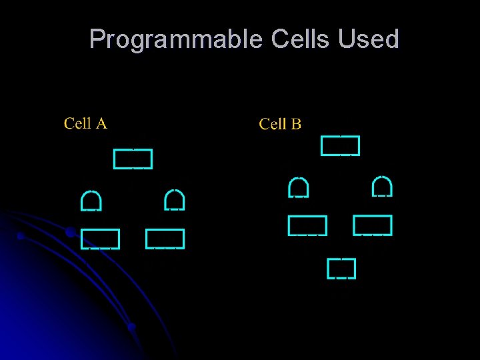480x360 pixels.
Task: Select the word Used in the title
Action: (x=369, y=39)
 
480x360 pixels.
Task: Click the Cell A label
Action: (x=85, y=123)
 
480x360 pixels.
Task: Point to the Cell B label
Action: (x=280, y=124)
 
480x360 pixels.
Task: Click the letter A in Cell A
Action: (x=101, y=123)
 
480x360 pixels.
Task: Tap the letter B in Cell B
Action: (x=296, y=124)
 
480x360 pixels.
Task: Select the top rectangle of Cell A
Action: (x=133, y=159)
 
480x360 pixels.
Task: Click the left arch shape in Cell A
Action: (x=91, y=200)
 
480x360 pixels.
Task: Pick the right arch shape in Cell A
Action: (x=174, y=199)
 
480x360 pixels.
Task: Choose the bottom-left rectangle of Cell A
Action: (x=100, y=239)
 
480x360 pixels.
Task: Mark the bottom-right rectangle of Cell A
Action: (x=165, y=239)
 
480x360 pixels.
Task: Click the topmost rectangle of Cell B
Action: (x=340, y=145)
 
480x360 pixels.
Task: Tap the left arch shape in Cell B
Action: (x=298, y=187)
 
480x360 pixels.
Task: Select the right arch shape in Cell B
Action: (x=382, y=186)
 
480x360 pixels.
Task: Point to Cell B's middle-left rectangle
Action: (x=307, y=226)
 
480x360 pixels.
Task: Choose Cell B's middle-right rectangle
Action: (x=373, y=225)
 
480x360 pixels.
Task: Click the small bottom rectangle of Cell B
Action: (x=341, y=268)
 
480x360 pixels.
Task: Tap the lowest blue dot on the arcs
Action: (x=132, y=327)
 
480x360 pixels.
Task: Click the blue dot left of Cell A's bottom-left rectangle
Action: (x=69, y=233)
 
